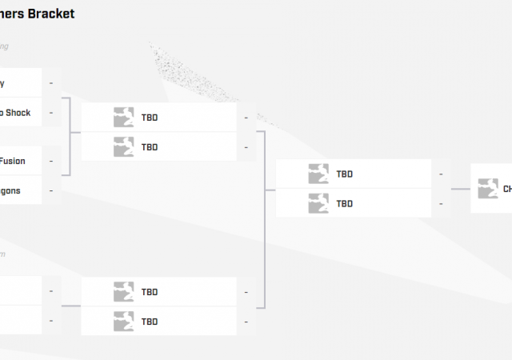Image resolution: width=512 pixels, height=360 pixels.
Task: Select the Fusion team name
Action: click(x=12, y=161)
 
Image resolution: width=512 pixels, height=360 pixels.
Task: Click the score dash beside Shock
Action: click(x=51, y=113)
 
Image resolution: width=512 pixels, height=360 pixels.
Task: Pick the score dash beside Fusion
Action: click(x=51, y=161)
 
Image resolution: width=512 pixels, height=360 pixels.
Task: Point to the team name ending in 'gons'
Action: click(x=10, y=190)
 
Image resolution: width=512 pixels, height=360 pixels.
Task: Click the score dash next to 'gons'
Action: click(x=51, y=190)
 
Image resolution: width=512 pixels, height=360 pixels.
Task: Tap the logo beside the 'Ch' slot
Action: click(x=488, y=189)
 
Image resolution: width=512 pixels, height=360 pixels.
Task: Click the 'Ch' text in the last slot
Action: click(x=507, y=190)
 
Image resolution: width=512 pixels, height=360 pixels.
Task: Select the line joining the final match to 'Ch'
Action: click(x=460, y=190)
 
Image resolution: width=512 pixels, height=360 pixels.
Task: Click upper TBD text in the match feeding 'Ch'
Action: click(x=345, y=174)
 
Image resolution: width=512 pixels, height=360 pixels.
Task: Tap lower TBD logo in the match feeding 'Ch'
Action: click(x=318, y=203)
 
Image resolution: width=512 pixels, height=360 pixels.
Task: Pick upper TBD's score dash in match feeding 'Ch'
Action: click(x=441, y=174)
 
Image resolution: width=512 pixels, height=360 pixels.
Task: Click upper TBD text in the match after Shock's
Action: click(x=150, y=118)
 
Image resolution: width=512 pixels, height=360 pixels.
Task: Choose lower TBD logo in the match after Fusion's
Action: click(x=123, y=146)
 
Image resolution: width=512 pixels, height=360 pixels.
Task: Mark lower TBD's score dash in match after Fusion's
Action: click(x=246, y=147)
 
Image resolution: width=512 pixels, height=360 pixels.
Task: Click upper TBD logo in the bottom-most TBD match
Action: click(x=123, y=291)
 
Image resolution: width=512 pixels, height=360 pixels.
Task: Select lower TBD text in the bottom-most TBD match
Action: click(x=150, y=322)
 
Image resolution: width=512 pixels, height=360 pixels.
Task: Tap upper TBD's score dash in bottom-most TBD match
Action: click(x=246, y=292)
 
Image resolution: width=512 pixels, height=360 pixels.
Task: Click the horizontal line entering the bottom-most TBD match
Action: click(x=71, y=306)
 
